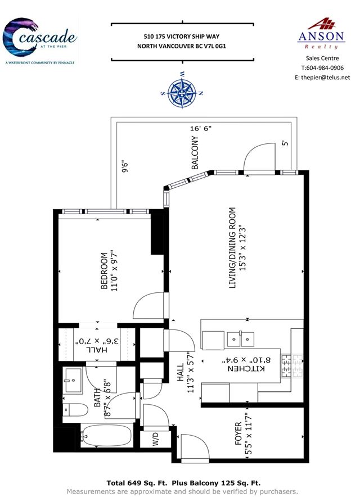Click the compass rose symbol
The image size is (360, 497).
[x=182, y=93]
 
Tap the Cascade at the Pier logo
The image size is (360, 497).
[x=39, y=41]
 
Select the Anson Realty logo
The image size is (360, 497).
[x=321, y=34]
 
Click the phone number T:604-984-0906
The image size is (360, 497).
[x=322, y=67]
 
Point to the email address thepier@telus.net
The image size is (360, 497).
[x=326, y=78]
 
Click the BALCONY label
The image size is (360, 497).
[x=195, y=152]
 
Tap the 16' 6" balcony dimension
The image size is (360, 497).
[x=201, y=128]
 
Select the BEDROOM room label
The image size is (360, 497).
[x=103, y=270]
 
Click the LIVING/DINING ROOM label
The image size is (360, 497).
[x=232, y=248]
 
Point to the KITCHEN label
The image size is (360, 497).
[x=246, y=368]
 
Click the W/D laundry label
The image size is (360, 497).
[x=155, y=439]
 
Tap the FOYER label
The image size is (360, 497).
[x=238, y=433]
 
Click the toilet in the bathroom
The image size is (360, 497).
[x=75, y=410]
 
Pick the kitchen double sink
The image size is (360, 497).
[x=240, y=339]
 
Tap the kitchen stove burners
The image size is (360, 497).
[x=291, y=366]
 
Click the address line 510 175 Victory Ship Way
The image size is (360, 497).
[x=182, y=37]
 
